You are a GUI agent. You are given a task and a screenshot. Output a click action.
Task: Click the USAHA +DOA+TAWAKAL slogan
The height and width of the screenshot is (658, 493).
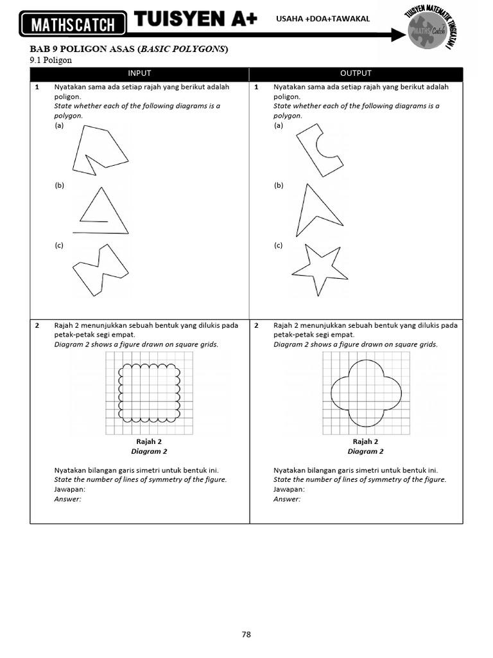coord(323,19)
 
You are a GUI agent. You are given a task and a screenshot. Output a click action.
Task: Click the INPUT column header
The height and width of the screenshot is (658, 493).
coord(139,73)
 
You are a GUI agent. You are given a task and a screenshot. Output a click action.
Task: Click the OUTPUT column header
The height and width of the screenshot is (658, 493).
coord(356,73)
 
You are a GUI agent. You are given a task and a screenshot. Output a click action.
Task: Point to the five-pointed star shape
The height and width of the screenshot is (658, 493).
coord(319,268)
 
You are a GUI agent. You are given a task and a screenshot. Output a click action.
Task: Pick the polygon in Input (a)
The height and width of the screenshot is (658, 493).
coord(99,150)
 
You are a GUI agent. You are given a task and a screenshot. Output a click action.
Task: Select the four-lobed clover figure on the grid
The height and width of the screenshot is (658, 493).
coord(365,391)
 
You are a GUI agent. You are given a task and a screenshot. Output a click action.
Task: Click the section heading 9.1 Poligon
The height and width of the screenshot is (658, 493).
coord(51,60)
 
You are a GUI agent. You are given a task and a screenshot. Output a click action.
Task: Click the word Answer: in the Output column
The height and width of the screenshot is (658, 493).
coord(287,499)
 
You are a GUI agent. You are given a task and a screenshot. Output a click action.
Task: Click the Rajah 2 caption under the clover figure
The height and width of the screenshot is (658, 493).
coord(365,442)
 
